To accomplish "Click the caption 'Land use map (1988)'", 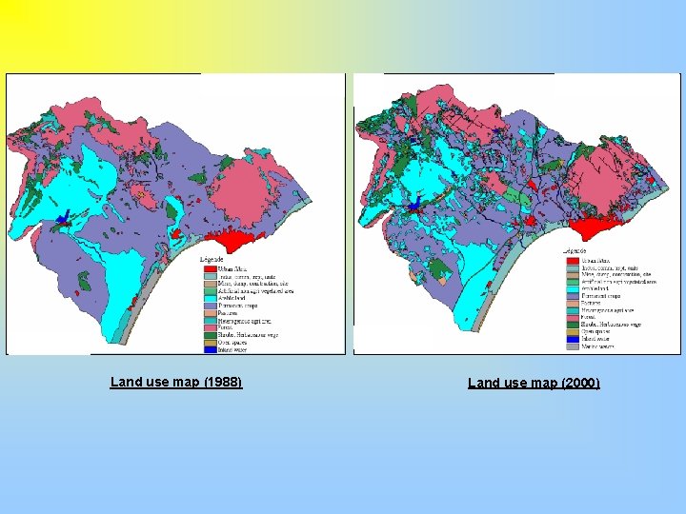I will click(176, 382).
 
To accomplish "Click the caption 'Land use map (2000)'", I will click(534, 383).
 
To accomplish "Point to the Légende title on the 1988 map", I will click(212, 259).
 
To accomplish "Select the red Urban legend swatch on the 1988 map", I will click(210, 269).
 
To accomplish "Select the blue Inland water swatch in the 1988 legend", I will click(210, 349).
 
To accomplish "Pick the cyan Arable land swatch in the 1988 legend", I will click(210, 298).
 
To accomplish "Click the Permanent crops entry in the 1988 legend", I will click(237, 306).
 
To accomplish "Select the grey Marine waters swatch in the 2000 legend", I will click(573, 346).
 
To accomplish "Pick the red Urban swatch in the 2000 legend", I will click(573, 261).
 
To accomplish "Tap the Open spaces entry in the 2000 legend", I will click(595, 331).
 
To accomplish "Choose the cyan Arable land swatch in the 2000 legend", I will click(573, 288).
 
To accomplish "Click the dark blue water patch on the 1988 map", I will click(62, 219).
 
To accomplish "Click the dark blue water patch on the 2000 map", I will click(414, 203).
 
